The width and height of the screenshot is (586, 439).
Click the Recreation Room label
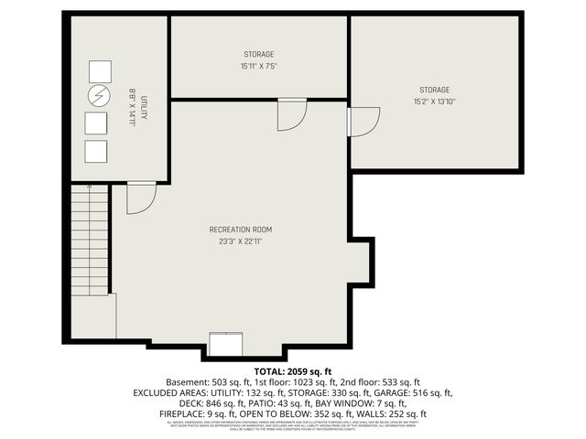pyautogui.click(x=241, y=230)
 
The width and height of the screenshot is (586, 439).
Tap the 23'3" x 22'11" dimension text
pyautogui.click(x=241, y=241)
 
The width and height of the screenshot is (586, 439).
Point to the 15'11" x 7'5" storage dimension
pyautogui.click(x=259, y=66)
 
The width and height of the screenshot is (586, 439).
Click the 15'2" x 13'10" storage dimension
pyautogui.click(x=435, y=102)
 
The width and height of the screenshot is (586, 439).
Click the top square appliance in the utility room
pyautogui.click(x=99, y=71)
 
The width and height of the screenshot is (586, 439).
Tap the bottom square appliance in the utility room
pyautogui.click(x=96, y=151)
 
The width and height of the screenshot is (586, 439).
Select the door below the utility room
pyautogui.click(x=140, y=198)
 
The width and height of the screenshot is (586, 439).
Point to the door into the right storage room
pyautogui.click(x=363, y=121)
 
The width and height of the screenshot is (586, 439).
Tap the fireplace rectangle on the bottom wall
pyautogui.click(x=225, y=343)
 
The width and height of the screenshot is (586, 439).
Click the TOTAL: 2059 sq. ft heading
pyautogui.click(x=293, y=370)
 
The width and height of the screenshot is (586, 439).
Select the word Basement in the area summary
pyautogui.click(x=184, y=381)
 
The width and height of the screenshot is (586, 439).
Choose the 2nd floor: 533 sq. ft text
pyautogui.click(x=379, y=381)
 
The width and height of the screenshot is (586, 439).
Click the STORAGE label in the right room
pyautogui.click(x=435, y=90)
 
